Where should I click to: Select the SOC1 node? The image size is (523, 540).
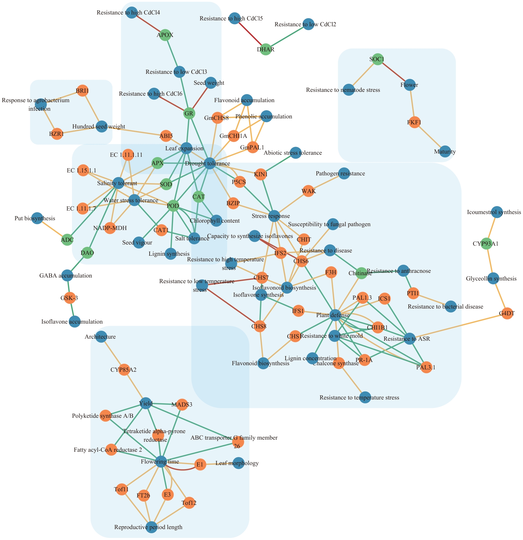coord(377,59)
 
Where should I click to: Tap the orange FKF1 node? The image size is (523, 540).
coord(415,122)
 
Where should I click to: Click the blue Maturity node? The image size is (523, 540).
coord(445,152)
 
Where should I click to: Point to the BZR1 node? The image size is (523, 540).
coord(57,134)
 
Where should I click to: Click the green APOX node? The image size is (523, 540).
coord(165,35)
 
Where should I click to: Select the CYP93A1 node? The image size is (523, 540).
coord(486,244)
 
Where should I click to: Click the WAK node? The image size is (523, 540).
coord(308,191)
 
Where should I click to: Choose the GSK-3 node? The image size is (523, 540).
coord(69,298)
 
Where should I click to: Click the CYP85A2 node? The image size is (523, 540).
coord(124,370)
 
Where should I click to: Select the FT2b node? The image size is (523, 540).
coord(144,495)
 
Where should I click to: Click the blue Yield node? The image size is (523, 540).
coord(146,403)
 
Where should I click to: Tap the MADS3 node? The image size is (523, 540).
coord(182,404)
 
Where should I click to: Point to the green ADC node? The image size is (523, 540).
coord(67,240)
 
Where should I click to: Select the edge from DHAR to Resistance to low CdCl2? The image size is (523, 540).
coord(287,37)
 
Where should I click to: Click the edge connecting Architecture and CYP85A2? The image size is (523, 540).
coord(113,353)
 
